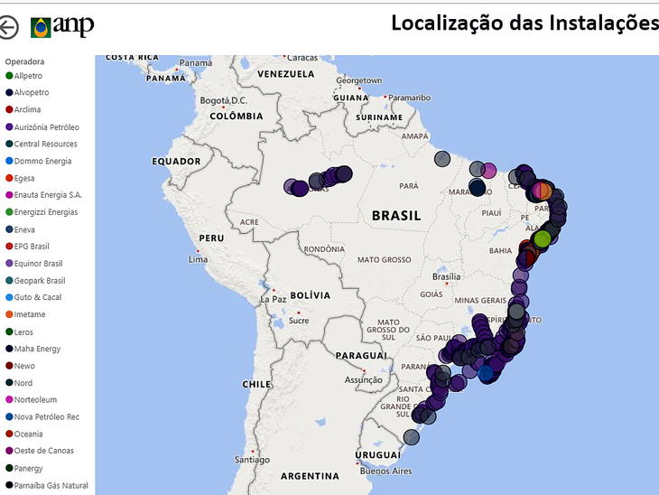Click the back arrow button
click(x=8, y=27)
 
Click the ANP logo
click(x=62, y=26)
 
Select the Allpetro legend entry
click(x=27, y=76)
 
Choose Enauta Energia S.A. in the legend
click(x=48, y=195)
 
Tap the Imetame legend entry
click(x=30, y=314)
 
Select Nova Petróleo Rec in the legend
click(x=47, y=417)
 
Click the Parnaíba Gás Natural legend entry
click(x=51, y=486)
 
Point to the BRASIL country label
click(x=396, y=216)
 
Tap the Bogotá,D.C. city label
click(x=223, y=100)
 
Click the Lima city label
click(x=198, y=259)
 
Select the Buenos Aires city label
click(x=385, y=471)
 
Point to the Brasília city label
click(x=446, y=277)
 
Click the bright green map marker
click(x=542, y=239)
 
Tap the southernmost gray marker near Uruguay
click(x=411, y=437)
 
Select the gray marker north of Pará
click(x=442, y=159)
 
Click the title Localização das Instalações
click(x=524, y=23)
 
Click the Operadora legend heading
click(x=24, y=61)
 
